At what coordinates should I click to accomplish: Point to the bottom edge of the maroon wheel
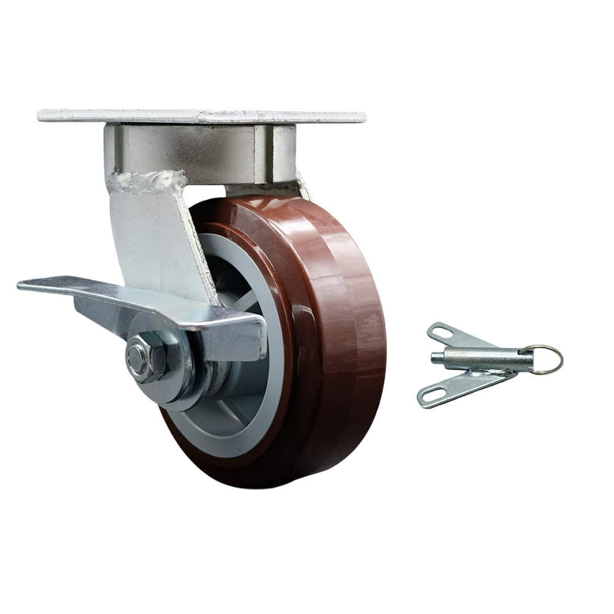[270, 483]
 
